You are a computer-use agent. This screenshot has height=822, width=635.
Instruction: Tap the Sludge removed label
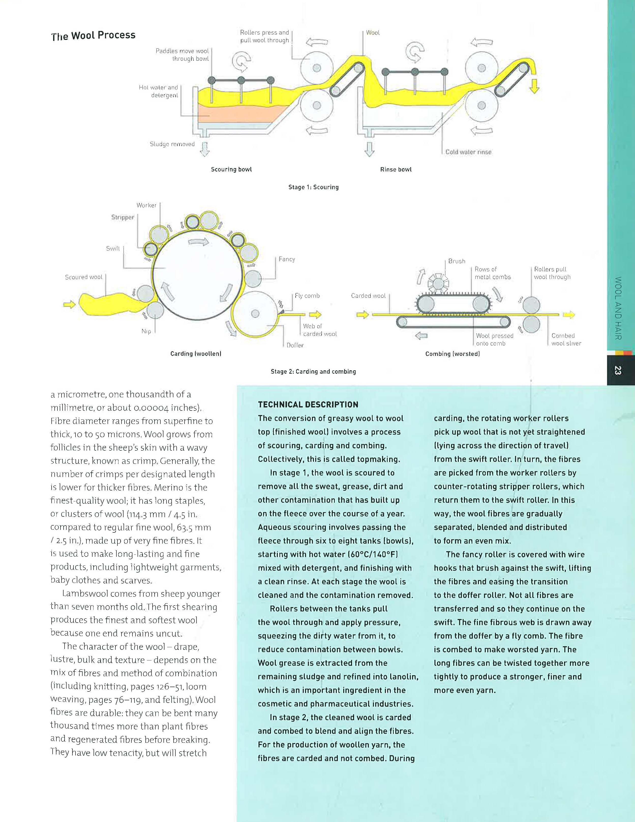pos(172,144)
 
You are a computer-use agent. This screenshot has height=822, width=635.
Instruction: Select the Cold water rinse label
pos(468,152)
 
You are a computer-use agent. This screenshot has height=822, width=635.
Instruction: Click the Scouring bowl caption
pos(231,169)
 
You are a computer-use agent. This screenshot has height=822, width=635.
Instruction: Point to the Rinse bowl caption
pos(396,169)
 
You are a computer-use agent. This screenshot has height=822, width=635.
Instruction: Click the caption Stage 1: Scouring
pos(313,187)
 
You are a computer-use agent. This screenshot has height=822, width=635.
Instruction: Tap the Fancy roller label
pos(287,259)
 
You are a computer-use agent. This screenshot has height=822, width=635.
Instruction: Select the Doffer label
pos(295,345)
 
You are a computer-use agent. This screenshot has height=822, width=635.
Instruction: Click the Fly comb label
pos(307,296)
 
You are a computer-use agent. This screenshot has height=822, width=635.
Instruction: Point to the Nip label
pos(146,331)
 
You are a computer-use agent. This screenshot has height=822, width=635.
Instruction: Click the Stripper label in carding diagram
pos(123,217)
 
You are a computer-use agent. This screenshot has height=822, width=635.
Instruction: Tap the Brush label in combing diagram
pos(457,261)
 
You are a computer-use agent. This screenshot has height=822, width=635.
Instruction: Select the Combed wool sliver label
pos(566,339)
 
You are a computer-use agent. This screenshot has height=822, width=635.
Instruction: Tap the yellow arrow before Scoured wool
pos(70,304)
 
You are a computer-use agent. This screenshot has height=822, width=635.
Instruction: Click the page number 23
pos(618,370)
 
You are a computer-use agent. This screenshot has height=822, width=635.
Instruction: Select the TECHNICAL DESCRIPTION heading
pos(308,405)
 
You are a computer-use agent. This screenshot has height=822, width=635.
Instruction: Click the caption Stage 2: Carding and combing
pos(313,371)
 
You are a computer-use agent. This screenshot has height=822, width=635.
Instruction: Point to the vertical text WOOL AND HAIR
pos(618,308)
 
